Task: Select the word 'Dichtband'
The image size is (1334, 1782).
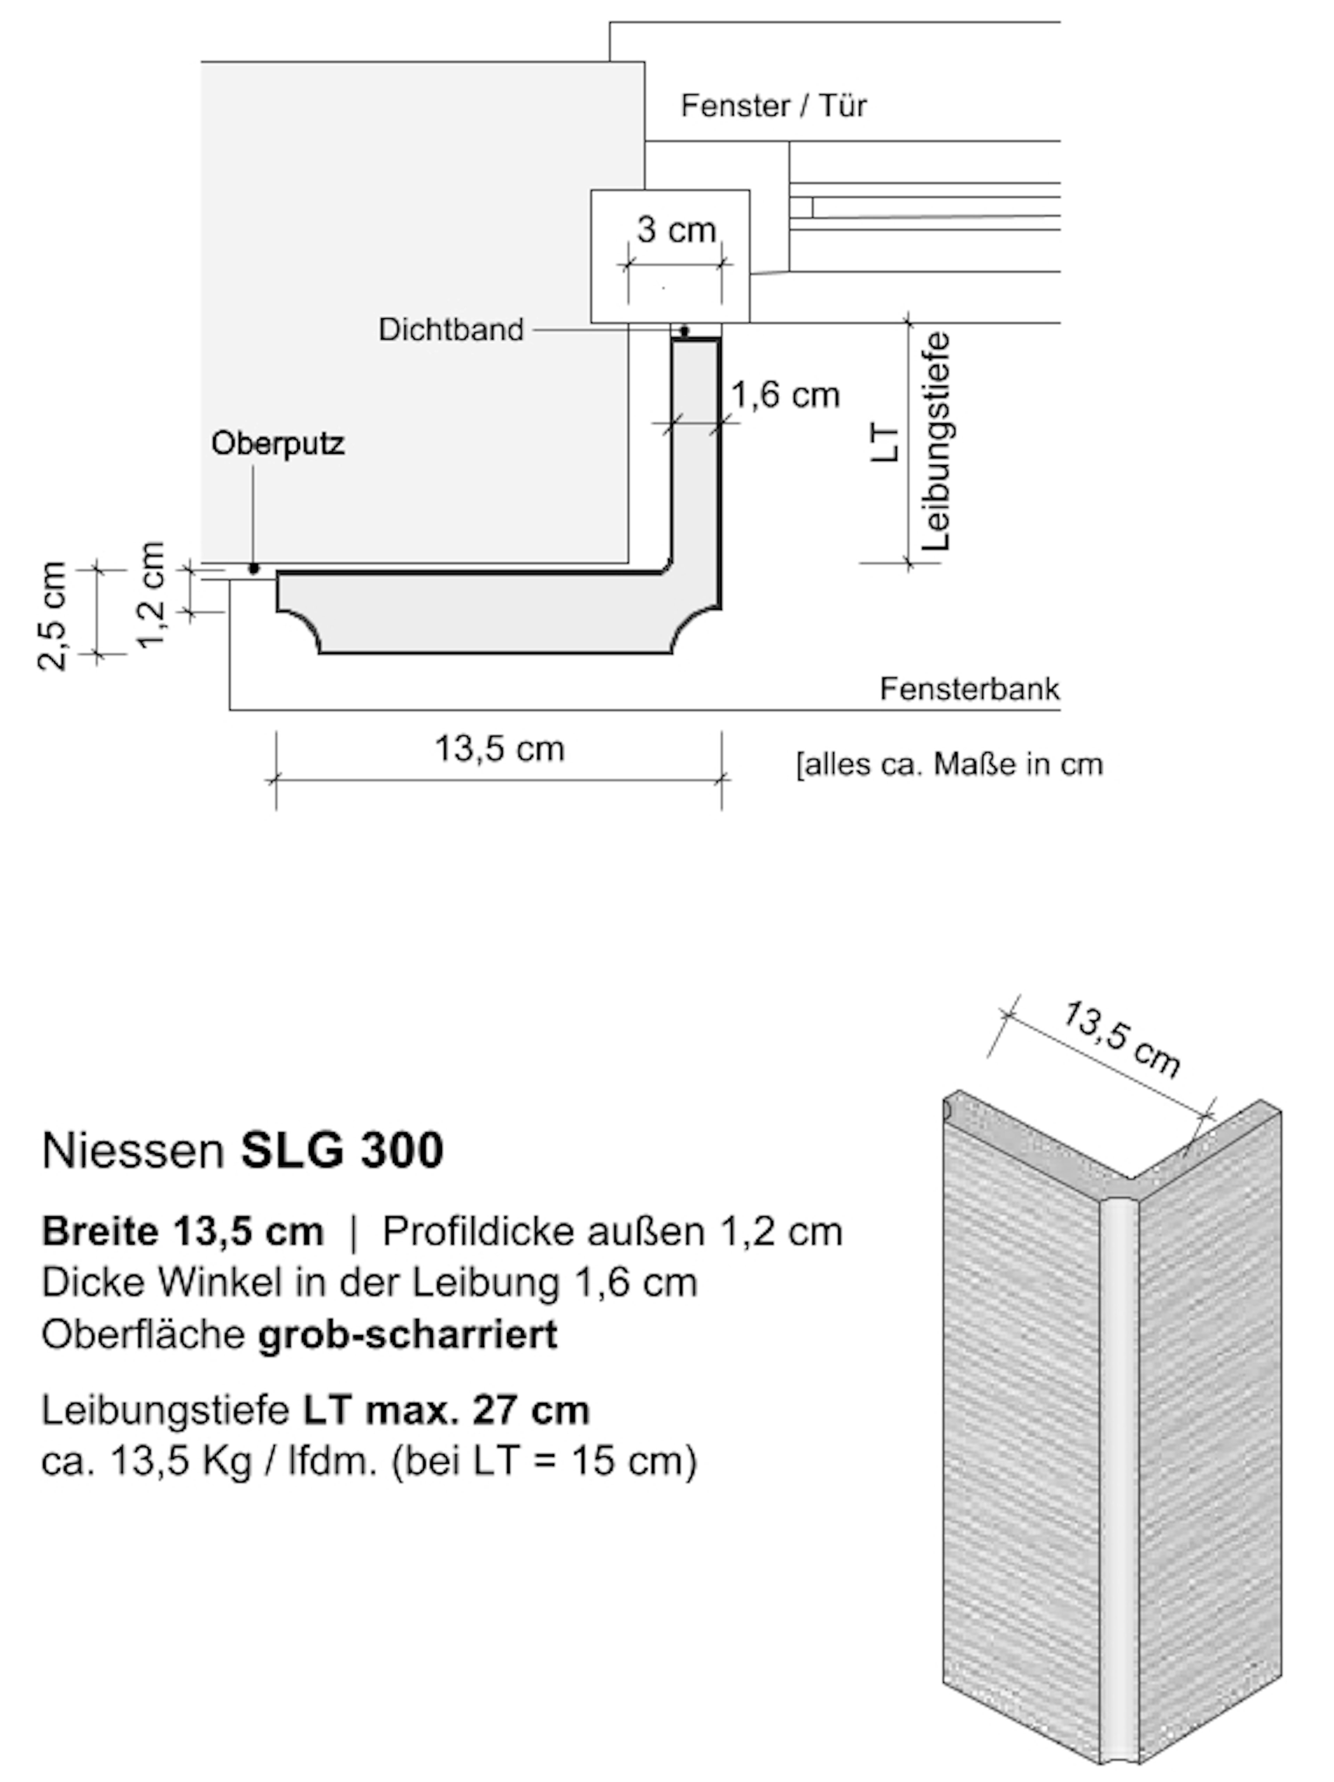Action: (x=451, y=330)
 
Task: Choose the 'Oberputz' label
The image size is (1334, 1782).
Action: (x=278, y=444)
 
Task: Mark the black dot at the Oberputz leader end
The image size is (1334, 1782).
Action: (x=254, y=569)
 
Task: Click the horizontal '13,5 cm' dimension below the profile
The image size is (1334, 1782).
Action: (x=500, y=749)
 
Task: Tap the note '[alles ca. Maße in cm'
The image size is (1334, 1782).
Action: (x=949, y=764)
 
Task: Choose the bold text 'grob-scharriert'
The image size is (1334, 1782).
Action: (x=407, y=1335)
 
